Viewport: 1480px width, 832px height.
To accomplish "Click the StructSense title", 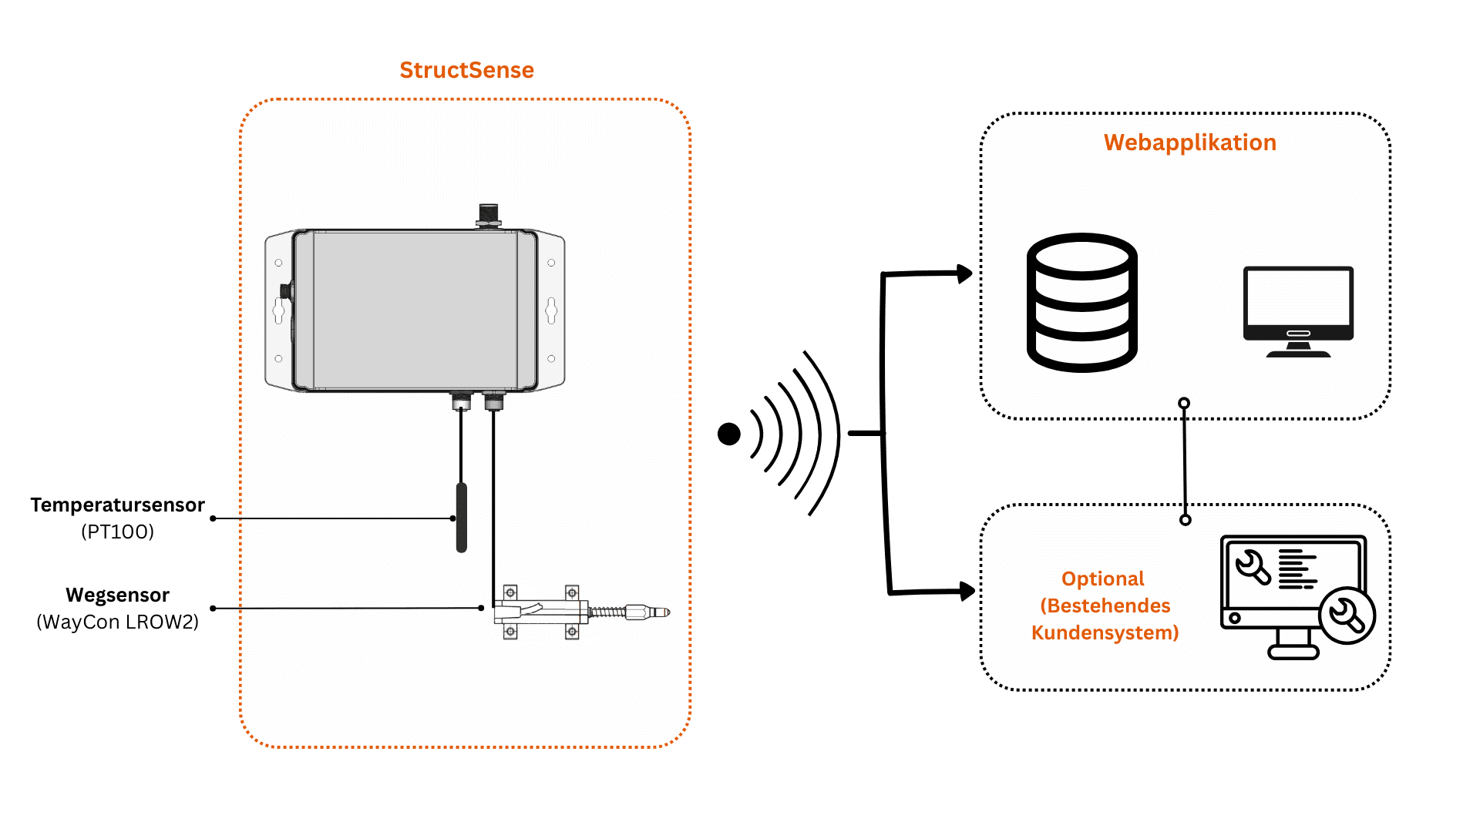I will click(466, 70).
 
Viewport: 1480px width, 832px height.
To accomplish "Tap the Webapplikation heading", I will click(1189, 143).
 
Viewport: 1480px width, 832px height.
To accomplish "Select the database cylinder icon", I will click(1082, 302).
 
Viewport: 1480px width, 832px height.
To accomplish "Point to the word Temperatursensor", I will click(117, 505).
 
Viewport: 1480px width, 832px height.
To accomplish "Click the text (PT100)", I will click(117, 532).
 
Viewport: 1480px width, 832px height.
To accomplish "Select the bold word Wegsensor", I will click(117, 595).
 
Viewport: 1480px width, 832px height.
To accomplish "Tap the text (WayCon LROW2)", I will click(117, 622).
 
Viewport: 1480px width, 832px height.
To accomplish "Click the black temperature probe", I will click(462, 517).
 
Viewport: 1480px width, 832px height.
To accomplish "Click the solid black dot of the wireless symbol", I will click(728, 434).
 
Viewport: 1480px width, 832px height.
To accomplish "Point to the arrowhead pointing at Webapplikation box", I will click(964, 273).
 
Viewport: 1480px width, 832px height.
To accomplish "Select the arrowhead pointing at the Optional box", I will click(967, 591).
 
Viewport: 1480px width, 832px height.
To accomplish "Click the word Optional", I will click(1102, 579).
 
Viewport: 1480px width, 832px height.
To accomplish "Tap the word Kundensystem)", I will click(1105, 632).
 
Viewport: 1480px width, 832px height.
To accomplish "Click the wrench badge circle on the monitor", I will click(1347, 616).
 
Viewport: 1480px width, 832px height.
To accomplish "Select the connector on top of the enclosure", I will click(489, 215).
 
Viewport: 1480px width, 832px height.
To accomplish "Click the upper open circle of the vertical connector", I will click(1184, 403).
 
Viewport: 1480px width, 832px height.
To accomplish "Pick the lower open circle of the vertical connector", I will click(1186, 520).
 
